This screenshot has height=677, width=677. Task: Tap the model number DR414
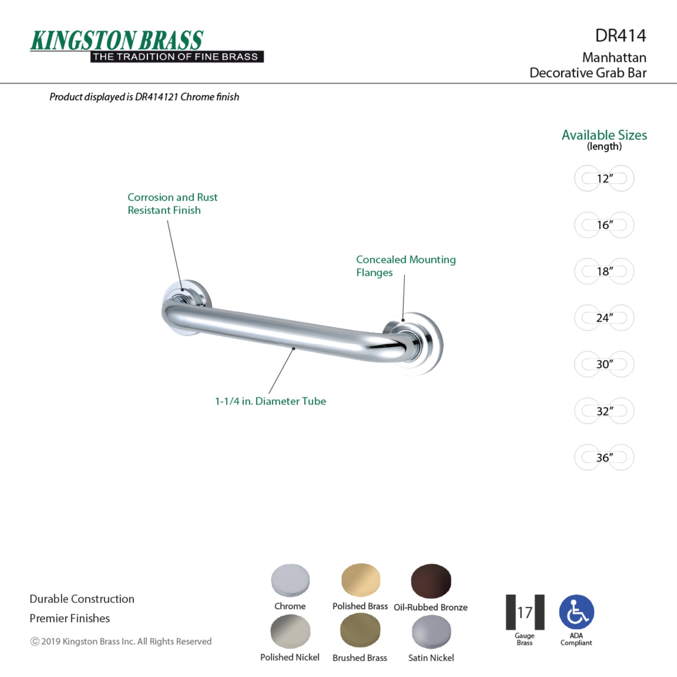click(x=620, y=36)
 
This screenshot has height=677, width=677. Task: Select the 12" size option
click(x=604, y=178)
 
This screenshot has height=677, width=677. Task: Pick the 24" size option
click(x=604, y=318)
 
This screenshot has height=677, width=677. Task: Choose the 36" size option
click(x=604, y=457)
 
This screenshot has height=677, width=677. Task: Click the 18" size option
click(x=604, y=271)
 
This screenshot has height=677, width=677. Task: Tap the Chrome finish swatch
click(x=290, y=580)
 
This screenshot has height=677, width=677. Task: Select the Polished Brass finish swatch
click(x=361, y=580)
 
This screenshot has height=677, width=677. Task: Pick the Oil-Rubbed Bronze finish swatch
click(x=431, y=581)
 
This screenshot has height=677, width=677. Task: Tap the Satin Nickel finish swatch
click(x=431, y=632)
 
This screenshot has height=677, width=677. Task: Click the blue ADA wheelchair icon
click(x=576, y=612)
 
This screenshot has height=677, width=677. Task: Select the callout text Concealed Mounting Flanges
click(x=406, y=266)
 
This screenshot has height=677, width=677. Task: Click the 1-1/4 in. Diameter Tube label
click(x=270, y=401)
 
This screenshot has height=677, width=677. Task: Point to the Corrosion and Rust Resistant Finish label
click(x=172, y=203)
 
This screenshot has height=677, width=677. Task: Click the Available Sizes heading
click(x=604, y=135)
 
